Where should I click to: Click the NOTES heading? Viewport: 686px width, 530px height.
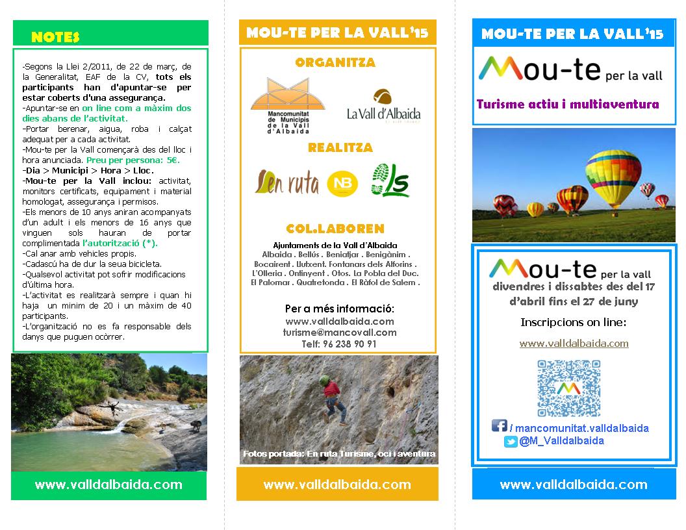pyautogui.click(x=55, y=36)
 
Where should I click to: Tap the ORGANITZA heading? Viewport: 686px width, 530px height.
pyautogui.click(x=335, y=63)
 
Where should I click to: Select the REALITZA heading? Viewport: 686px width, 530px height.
pyautogui.click(x=340, y=148)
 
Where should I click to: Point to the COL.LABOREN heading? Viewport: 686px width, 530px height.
pyautogui.click(x=335, y=229)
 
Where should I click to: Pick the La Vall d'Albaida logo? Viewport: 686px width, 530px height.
pyautogui.click(x=383, y=107)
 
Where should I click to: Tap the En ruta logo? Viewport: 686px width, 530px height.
pyautogui.click(x=286, y=183)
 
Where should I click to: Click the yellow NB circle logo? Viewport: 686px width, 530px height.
pyautogui.click(x=342, y=183)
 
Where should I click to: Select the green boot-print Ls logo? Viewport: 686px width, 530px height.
pyautogui.click(x=390, y=180)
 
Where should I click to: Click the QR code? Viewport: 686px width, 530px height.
pyautogui.click(x=569, y=388)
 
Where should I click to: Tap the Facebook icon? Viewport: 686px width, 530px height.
pyautogui.click(x=499, y=426)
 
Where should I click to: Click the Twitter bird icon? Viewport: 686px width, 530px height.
pyautogui.click(x=511, y=442)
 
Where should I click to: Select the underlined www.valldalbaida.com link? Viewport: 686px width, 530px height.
pyautogui.click(x=574, y=343)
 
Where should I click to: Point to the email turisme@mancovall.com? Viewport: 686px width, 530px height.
pyautogui.click(x=340, y=333)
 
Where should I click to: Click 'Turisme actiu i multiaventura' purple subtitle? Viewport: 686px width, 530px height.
pyautogui.click(x=567, y=104)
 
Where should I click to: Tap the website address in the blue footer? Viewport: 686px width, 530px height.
pyautogui.click(x=574, y=485)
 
